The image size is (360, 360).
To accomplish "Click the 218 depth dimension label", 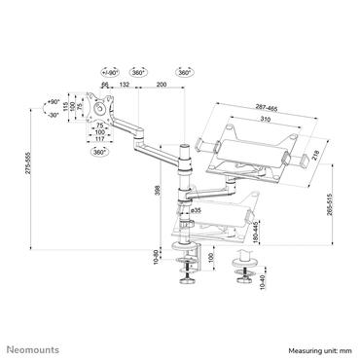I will point(315,143).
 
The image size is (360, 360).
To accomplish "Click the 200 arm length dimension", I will point(161,86).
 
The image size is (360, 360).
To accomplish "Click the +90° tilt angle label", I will point(54,100).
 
